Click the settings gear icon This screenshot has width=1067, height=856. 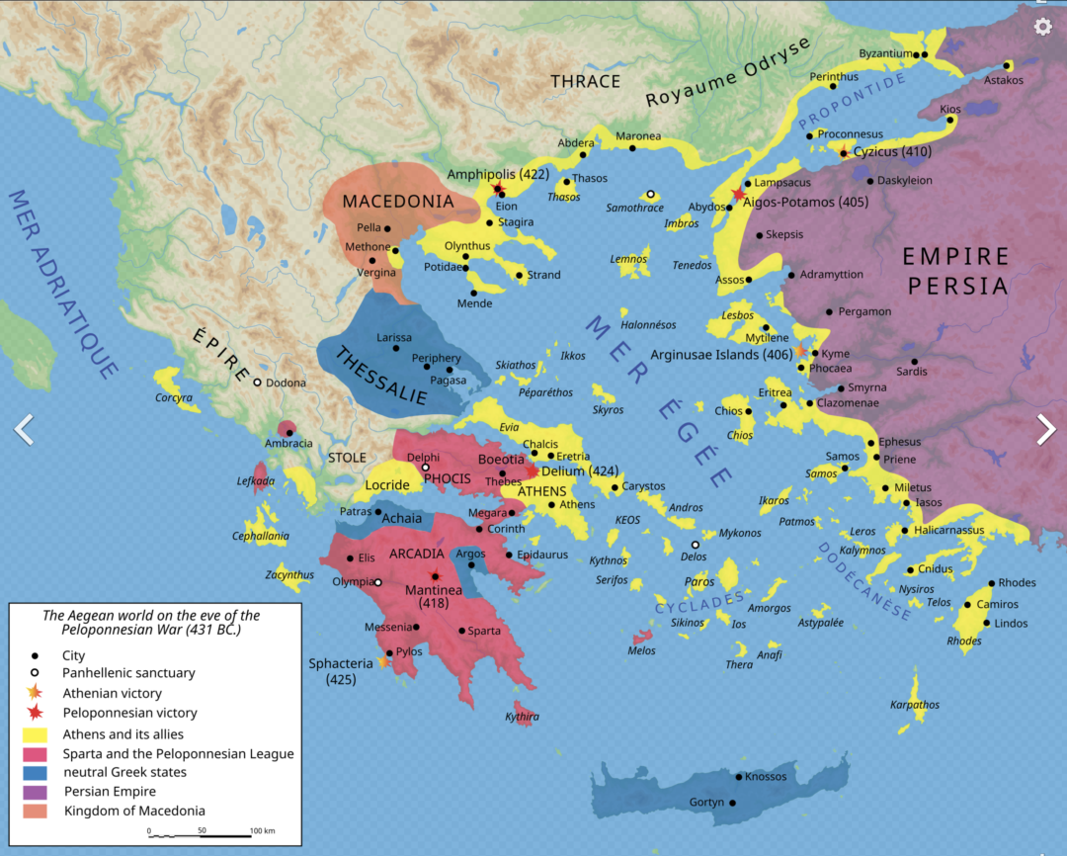pyautogui.click(x=1042, y=27)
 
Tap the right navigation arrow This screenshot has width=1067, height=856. pyautogui.click(x=1045, y=429)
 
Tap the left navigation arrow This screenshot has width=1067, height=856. pyautogui.click(x=24, y=429)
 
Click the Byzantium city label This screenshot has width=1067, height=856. pyautogui.click(x=884, y=53)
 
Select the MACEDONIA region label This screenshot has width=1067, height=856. pyautogui.click(x=397, y=202)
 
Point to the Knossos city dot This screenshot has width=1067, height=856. pyautogui.click(x=737, y=777)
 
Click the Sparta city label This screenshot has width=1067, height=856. pyautogui.click(x=484, y=631)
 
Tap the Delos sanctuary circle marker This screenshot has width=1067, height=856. pyautogui.click(x=696, y=545)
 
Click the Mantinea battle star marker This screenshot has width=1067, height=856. pyautogui.click(x=434, y=575)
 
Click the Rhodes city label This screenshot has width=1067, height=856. pyautogui.click(x=1017, y=582)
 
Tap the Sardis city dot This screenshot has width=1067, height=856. pyautogui.click(x=914, y=361)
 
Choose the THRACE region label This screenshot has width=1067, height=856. pyautogui.click(x=585, y=81)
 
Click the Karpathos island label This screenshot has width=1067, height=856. pyautogui.click(x=914, y=705)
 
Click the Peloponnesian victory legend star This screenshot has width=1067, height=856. pyautogui.click(x=36, y=713)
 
